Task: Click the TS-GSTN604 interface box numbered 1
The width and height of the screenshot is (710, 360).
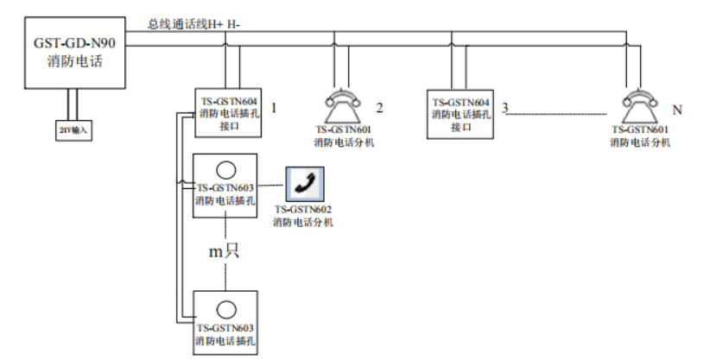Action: click(225, 113)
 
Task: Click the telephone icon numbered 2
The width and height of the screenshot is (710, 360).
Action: click(343, 108)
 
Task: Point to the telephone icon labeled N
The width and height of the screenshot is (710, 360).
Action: click(640, 108)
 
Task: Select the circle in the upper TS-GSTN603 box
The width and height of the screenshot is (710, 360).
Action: click(225, 170)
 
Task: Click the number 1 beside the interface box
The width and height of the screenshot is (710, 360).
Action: click(274, 108)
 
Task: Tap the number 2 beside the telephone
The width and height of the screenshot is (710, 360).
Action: click(378, 108)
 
